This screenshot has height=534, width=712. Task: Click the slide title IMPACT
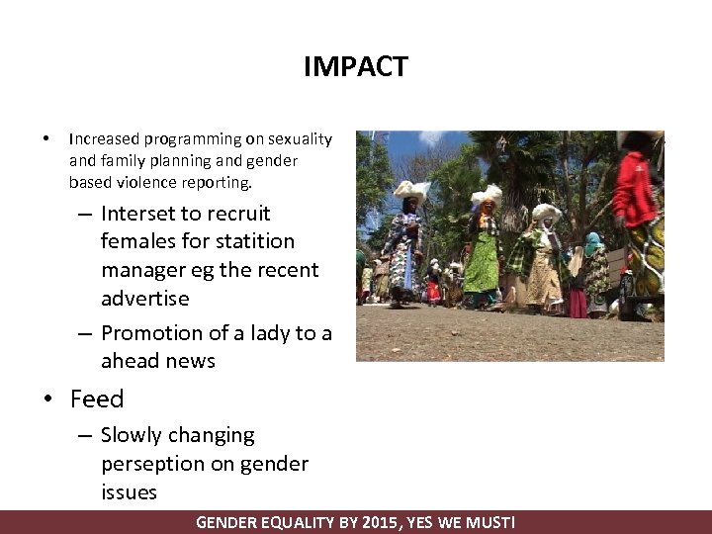[x=355, y=67]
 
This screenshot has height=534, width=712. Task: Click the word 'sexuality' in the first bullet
[x=300, y=139]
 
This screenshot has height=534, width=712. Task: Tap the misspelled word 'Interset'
[x=136, y=214]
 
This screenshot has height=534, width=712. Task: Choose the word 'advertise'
[x=144, y=298]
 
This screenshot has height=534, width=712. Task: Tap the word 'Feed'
[x=97, y=400]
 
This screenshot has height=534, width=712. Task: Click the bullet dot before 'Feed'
[x=47, y=400]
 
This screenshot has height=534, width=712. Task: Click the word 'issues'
[x=129, y=491]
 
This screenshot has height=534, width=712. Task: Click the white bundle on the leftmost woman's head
[x=410, y=189]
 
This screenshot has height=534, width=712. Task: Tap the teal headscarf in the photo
[x=592, y=239]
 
